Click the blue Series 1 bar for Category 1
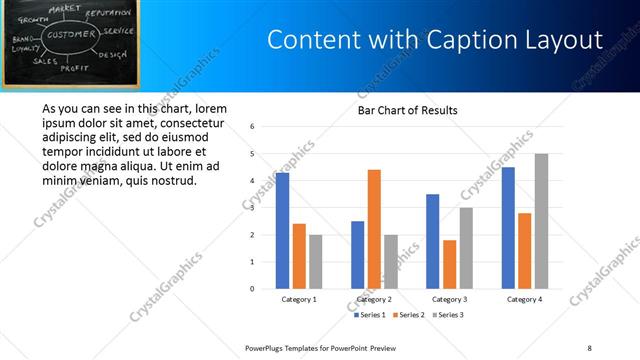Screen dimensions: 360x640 [283, 230]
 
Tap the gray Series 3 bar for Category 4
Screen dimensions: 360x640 [541, 221]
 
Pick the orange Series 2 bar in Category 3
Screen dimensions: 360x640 [449, 264]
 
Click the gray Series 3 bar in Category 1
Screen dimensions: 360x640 [315, 261]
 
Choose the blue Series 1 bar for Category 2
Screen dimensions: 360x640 [358, 254]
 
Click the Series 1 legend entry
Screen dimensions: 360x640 [369, 315]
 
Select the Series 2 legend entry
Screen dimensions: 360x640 [409, 315]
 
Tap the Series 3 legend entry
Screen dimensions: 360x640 [448, 315]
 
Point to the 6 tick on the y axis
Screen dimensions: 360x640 [253, 126]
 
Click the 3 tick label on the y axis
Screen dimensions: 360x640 [253, 208]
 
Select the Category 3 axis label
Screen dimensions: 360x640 [449, 299]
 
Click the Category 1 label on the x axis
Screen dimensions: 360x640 [299, 299]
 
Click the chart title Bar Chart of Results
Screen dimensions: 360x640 [408, 110]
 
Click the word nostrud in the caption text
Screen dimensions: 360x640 [175, 180]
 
